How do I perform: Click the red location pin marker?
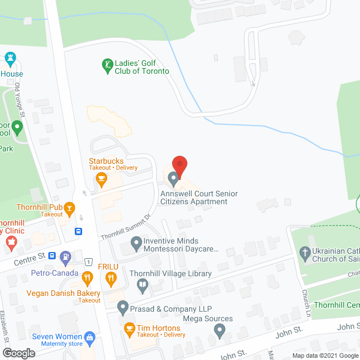(179, 165)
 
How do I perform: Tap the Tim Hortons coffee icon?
(129, 328)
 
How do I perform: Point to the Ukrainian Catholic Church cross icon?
(305, 253)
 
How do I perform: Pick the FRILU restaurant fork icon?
(111, 277)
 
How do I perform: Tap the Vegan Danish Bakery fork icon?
(87, 277)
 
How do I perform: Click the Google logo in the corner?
(19, 353)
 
